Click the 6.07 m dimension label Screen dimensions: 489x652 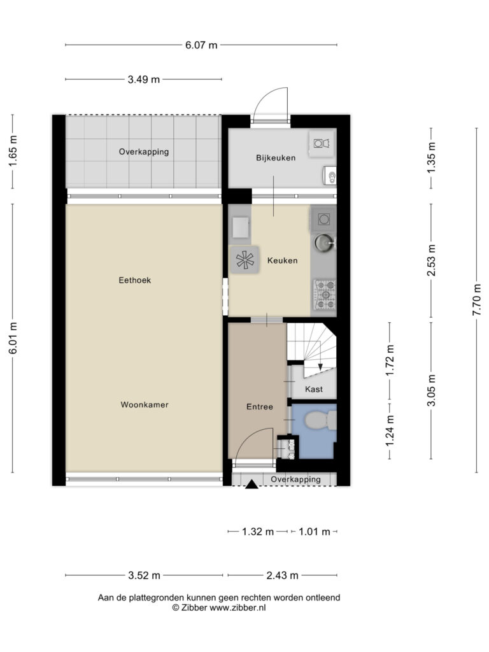point(201,45)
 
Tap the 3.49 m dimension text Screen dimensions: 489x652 point(143,80)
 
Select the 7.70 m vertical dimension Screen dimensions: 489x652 point(477,299)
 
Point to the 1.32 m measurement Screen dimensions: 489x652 point(258,532)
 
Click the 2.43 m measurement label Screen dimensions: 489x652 point(282,576)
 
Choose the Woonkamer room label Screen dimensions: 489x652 point(145,404)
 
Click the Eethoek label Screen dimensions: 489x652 point(135,280)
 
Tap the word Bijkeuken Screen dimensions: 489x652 point(276,158)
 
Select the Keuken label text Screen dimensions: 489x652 point(282,260)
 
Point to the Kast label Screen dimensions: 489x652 point(314,389)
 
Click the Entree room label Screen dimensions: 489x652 point(260,407)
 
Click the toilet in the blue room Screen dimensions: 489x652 point(321,420)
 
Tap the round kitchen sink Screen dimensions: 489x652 point(324,243)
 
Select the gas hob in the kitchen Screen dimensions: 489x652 point(325,295)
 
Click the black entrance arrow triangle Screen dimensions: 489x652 point(252,484)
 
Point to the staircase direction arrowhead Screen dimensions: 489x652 point(320,367)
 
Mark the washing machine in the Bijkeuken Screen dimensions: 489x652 point(322,144)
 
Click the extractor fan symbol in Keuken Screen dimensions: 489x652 point(245,260)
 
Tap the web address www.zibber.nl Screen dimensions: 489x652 point(237,607)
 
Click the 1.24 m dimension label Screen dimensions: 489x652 point(390,431)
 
